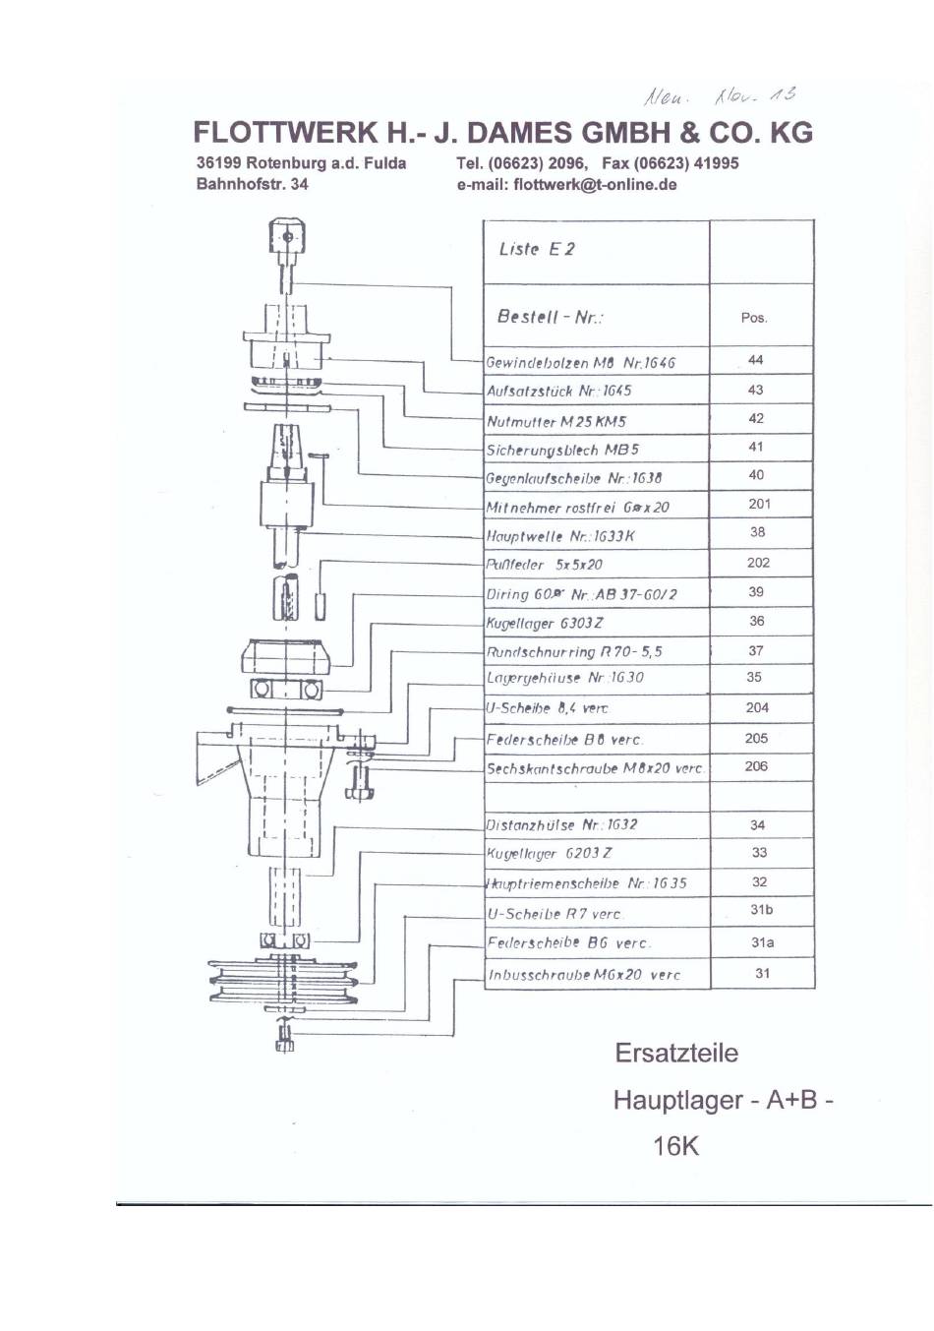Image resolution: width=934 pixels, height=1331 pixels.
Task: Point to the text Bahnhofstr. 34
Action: click(252, 184)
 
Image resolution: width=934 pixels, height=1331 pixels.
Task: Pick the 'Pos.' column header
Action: click(754, 318)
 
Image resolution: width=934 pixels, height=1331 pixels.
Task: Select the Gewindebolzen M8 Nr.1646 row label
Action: click(581, 362)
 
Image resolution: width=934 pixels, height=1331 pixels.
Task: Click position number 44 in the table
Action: click(755, 360)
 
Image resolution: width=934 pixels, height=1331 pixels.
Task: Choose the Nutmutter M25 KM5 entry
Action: click(556, 421)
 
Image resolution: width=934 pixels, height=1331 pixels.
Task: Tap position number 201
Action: click(759, 504)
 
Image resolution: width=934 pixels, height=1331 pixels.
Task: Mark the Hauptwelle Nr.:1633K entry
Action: click(560, 536)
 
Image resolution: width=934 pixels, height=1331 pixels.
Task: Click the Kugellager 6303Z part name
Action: click(545, 623)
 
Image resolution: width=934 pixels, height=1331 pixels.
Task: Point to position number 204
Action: click(757, 707)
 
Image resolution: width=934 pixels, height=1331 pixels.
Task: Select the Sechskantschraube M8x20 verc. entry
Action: click(595, 768)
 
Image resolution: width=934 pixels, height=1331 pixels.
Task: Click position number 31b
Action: click(761, 910)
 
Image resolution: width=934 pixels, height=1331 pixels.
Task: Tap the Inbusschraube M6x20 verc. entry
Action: click(584, 975)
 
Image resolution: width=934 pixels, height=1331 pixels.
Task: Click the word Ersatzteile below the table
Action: click(676, 1054)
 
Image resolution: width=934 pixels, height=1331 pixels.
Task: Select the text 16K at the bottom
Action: click(675, 1146)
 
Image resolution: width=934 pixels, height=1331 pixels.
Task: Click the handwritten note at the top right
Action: click(720, 96)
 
